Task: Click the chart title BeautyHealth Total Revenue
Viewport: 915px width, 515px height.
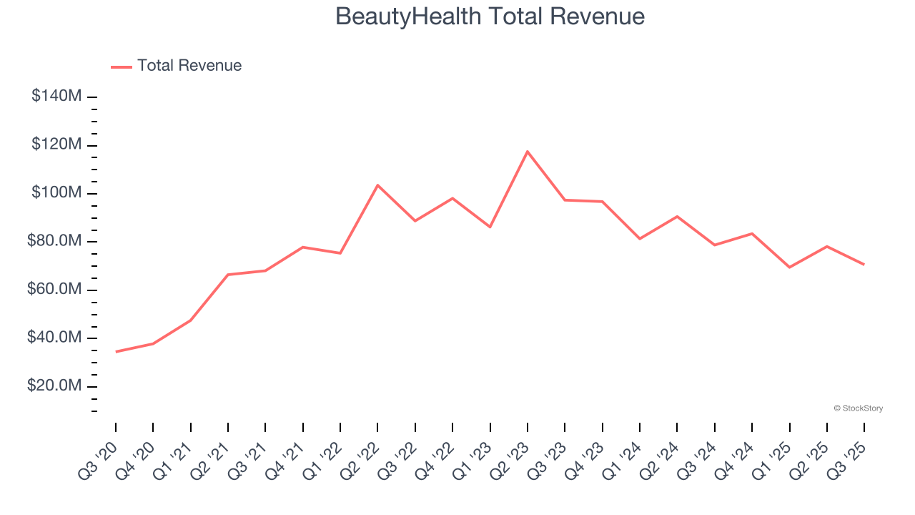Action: pyautogui.click(x=490, y=16)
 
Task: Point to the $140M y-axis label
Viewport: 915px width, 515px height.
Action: pyautogui.click(x=56, y=97)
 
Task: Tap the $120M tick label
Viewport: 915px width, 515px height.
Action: pyautogui.click(x=56, y=145)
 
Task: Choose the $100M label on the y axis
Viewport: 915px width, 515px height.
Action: pyautogui.click(x=56, y=193)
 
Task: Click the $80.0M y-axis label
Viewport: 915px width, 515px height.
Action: pyautogui.click(x=54, y=242)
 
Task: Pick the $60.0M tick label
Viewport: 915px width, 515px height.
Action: pyautogui.click(x=54, y=290)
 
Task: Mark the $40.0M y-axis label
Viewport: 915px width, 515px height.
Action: pyautogui.click(x=54, y=338)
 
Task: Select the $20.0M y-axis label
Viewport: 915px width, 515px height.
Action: pyautogui.click(x=54, y=386)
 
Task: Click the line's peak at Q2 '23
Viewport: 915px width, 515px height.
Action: pyautogui.click(x=528, y=152)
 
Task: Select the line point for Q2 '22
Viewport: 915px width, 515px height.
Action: pyautogui.click(x=377, y=185)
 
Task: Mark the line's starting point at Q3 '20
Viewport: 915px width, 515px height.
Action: pyautogui.click(x=116, y=351)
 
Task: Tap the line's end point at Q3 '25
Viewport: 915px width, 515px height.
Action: pyautogui.click(x=864, y=265)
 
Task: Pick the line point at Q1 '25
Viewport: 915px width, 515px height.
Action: pyautogui.click(x=789, y=267)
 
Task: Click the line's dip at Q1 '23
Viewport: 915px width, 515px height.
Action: pyautogui.click(x=490, y=227)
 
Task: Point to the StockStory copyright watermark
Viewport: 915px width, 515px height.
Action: pyautogui.click(x=859, y=408)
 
